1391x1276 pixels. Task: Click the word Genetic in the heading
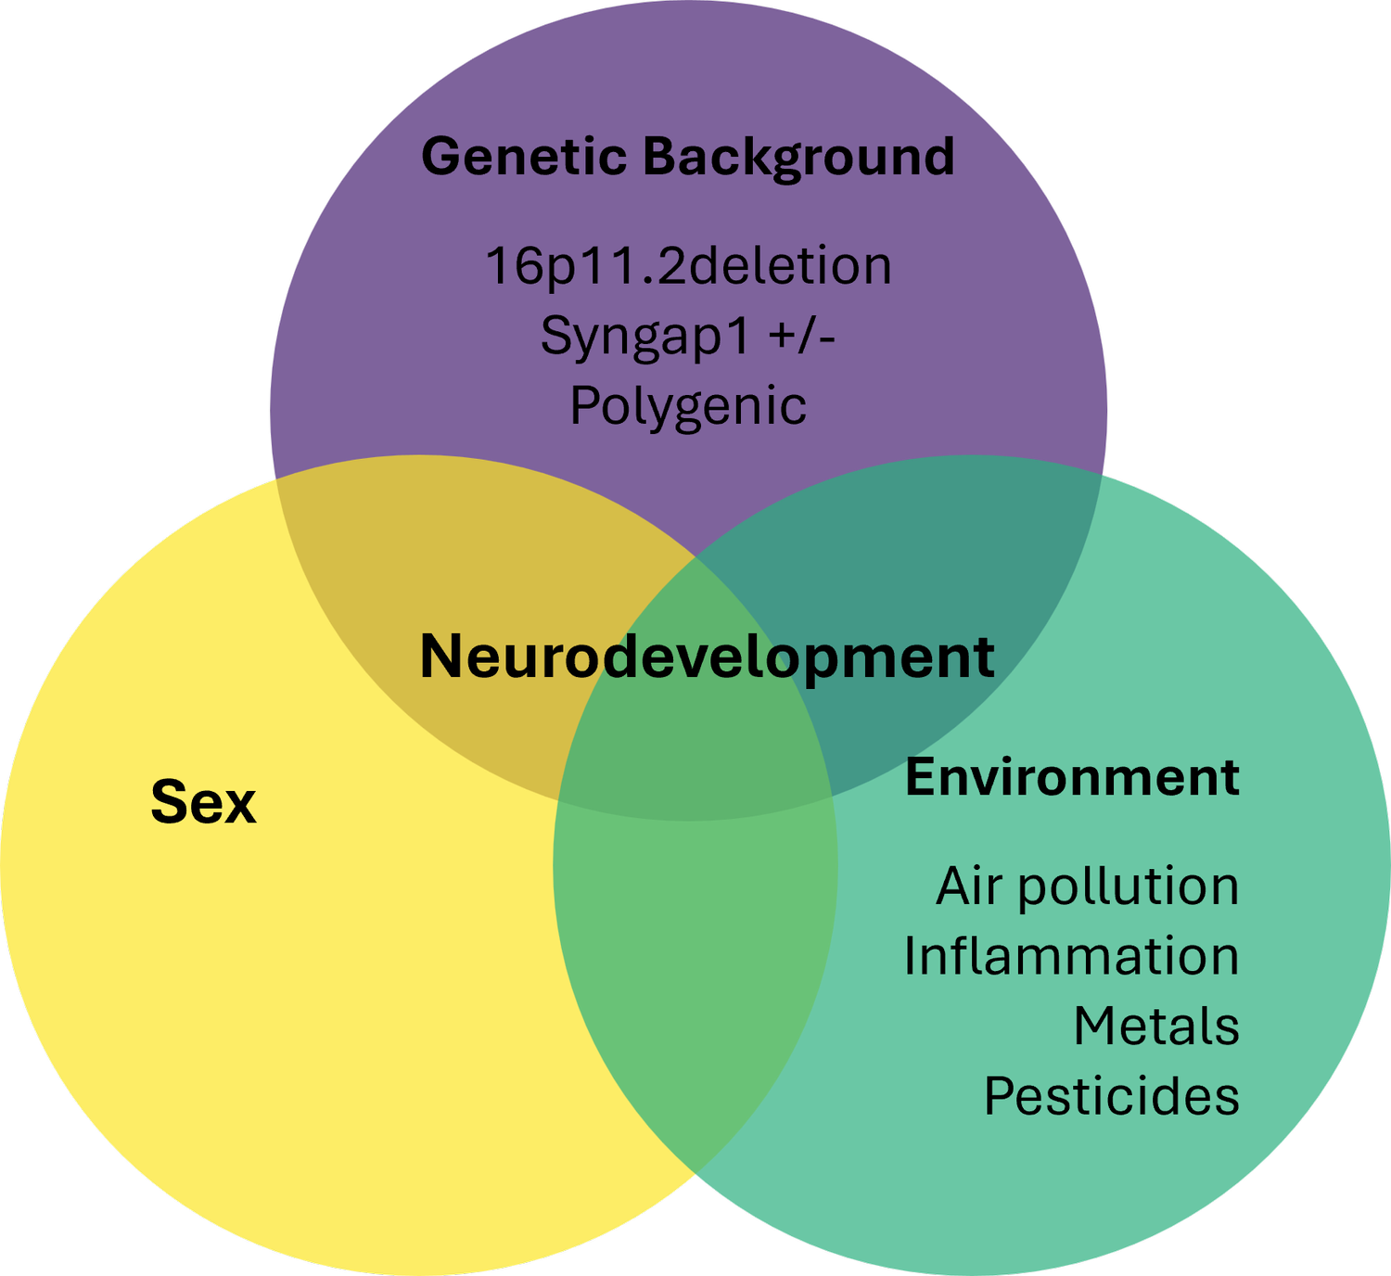click(524, 156)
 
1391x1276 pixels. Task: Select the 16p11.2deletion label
click(689, 265)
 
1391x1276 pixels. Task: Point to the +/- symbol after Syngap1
click(801, 336)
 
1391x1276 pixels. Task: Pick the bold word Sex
click(203, 802)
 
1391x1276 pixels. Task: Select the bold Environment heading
click(1073, 777)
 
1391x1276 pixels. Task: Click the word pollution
click(1129, 888)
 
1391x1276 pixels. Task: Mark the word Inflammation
click(1072, 956)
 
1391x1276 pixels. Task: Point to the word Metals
click(1156, 1027)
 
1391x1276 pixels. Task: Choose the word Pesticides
click(1112, 1096)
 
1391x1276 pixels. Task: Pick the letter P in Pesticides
click(1000, 1096)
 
